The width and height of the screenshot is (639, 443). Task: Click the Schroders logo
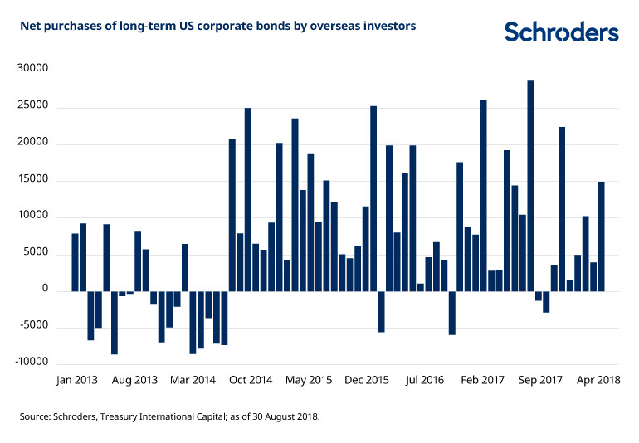pos(562,32)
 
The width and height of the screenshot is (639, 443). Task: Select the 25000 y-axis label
pos(35,106)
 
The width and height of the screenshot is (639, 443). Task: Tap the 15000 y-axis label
pos(35,180)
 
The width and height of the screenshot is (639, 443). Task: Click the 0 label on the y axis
pos(47,290)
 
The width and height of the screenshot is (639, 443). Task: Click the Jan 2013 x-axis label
pos(77,380)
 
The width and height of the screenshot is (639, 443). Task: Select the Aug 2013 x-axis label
pos(134,380)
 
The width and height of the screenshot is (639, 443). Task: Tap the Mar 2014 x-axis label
pos(193,380)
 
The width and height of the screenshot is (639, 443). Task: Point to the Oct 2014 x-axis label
pos(251,380)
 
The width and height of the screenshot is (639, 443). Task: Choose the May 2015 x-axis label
pos(309,380)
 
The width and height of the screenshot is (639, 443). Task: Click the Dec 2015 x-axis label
pos(367,380)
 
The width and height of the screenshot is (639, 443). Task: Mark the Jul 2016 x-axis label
pos(424,380)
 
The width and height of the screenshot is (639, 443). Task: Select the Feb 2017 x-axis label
pos(482,380)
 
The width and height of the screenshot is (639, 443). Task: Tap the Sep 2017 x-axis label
pos(540,380)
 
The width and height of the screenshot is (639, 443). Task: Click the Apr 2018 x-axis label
pos(598,380)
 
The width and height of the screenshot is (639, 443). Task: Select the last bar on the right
pos(601,236)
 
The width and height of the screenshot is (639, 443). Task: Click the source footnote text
pos(169,416)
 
